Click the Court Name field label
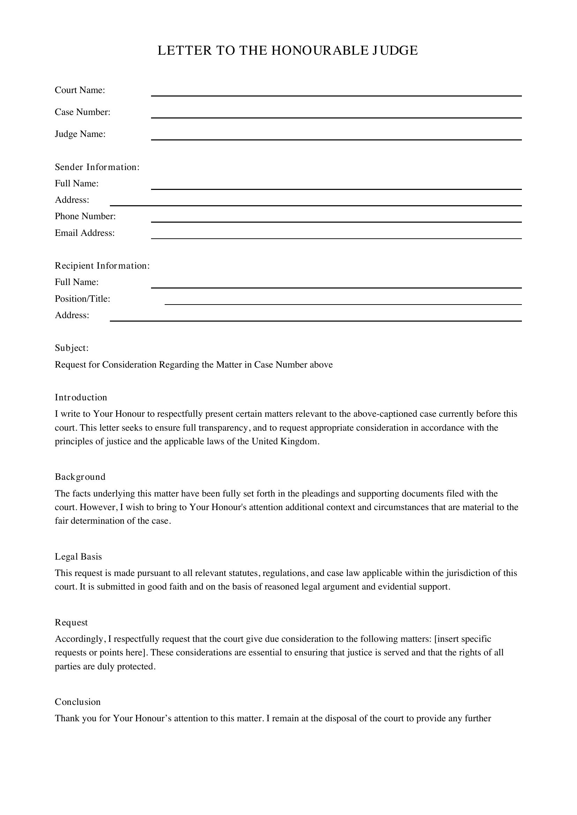(80, 90)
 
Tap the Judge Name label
(80, 134)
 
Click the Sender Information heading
(97, 167)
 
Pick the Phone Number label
(85, 216)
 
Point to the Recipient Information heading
(102, 266)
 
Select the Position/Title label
(82, 299)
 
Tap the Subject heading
(72, 348)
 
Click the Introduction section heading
(81, 398)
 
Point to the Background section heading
(80, 477)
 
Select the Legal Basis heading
(78, 556)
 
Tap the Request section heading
(72, 623)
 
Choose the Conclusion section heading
(78, 702)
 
